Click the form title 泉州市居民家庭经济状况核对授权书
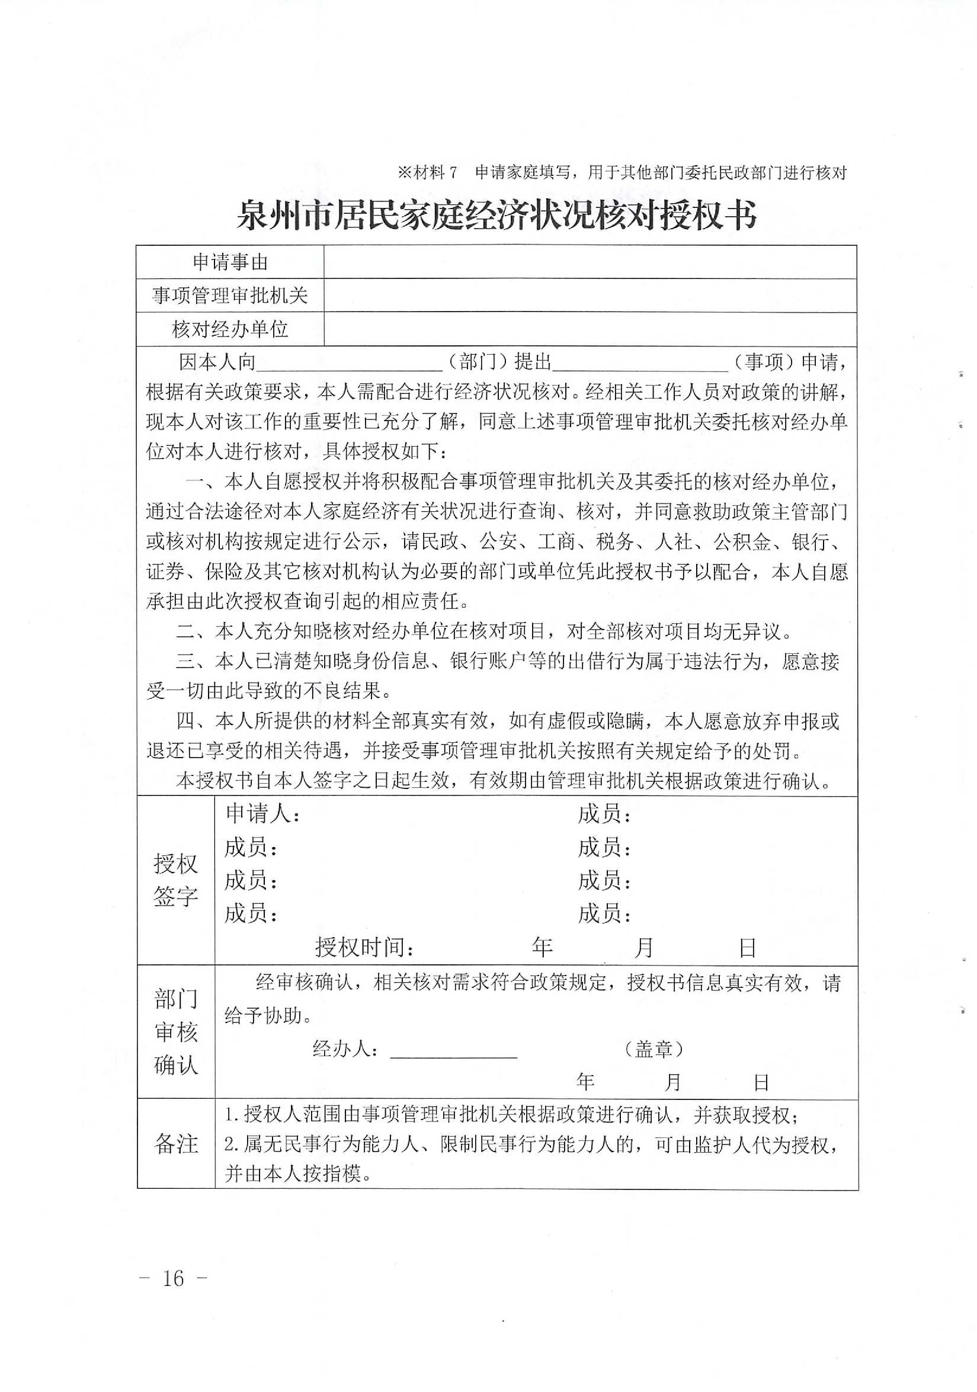(x=496, y=214)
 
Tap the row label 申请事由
(x=230, y=262)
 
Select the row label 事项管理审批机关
(x=230, y=296)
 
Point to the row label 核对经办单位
(x=230, y=329)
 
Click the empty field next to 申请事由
(x=590, y=262)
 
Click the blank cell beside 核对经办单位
(x=590, y=329)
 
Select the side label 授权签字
(x=175, y=880)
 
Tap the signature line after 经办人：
(x=453, y=1050)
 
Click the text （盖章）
(x=653, y=1049)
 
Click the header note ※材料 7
(x=428, y=173)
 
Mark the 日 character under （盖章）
(x=761, y=1083)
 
